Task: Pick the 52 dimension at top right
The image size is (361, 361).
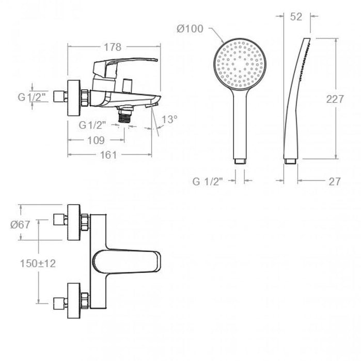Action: pyautogui.click(x=296, y=17)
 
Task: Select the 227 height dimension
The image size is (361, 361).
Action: pyautogui.click(x=336, y=99)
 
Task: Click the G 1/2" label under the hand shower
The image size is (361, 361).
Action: pyautogui.click(x=208, y=181)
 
